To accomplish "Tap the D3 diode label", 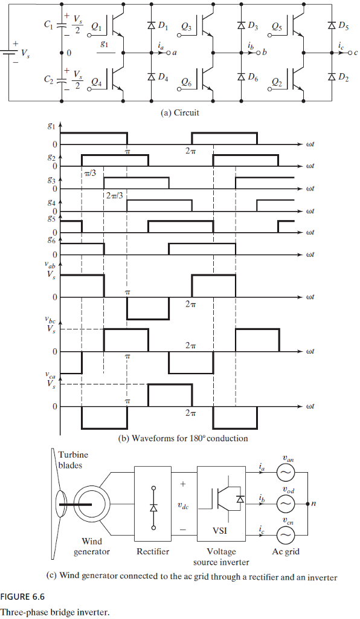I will (252, 27).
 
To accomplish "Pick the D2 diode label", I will (343, 77).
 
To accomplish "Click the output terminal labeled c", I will (356, 53).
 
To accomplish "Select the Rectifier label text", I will (153, 551).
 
